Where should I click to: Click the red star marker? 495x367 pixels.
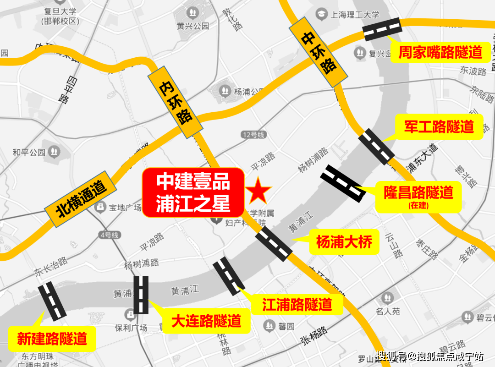(x=259, y=192)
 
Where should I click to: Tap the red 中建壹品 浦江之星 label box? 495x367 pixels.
(x=193, y=192)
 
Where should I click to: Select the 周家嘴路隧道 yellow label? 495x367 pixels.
(x=440, y=52)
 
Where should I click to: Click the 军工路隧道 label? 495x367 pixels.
(x=439, y=126)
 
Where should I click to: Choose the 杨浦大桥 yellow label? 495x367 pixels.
(x=344, y=241)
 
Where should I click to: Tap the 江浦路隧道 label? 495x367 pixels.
(x=297, y=304)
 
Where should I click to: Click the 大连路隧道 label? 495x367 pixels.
(x=206, y=321)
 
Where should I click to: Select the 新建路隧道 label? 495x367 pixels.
(x=52, y=339)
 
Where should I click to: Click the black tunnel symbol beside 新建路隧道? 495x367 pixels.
(x=52, y=301)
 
